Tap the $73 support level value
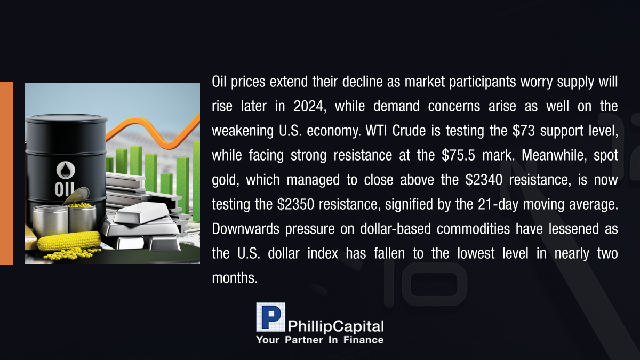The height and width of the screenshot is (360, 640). (x=523, y=131)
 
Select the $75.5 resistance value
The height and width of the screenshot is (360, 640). (x=458, y=155)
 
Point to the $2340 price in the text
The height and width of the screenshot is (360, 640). (x=484, y=180)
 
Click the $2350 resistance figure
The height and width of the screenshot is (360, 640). (x=295, y=205)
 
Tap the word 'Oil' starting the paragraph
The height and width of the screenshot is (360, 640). (x=219, y=82)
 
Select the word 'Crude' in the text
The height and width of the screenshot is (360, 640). (x=409, y=131)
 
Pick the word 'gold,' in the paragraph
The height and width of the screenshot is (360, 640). (x=226, y=181)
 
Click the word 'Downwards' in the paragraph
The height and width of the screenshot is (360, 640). (x=245, y=229)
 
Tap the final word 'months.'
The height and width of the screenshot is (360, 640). (x=235, y=278)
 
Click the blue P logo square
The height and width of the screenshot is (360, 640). (x=270, y=317)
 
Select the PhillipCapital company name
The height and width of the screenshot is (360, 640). (x=335, y=326)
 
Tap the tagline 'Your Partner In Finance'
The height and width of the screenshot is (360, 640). (x=320, y=340)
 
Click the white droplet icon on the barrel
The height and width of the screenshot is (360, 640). (x=66, y=170)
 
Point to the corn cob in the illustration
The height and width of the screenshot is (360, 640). (x=69, y=241)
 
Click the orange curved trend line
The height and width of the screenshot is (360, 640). (x=153, y=133)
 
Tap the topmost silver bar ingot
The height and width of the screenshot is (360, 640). (x=142, y=213)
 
